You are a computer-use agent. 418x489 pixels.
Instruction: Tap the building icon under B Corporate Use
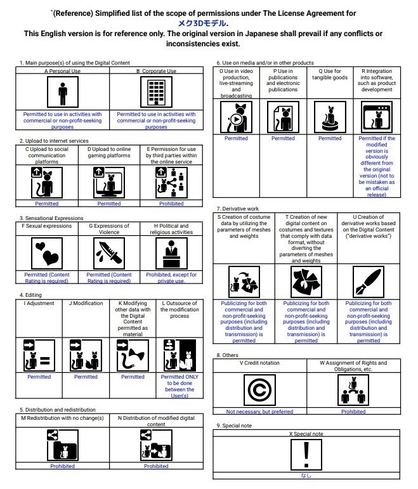point(156,93)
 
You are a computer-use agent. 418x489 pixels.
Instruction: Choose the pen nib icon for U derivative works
point(369,281)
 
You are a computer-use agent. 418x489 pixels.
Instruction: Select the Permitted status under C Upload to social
point(46,204)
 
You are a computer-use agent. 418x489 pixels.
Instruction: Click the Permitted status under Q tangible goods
point(330,138)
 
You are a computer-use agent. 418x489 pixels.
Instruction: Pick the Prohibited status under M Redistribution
point(62,466)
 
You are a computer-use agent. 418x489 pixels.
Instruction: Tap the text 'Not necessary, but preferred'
point(259,411)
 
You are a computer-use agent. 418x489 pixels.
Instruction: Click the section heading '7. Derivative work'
point(238,209)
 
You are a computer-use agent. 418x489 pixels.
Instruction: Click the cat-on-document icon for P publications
point(283,118)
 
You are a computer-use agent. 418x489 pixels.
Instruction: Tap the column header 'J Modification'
point(86,304)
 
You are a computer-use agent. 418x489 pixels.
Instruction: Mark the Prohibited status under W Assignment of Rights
point(353,411)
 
